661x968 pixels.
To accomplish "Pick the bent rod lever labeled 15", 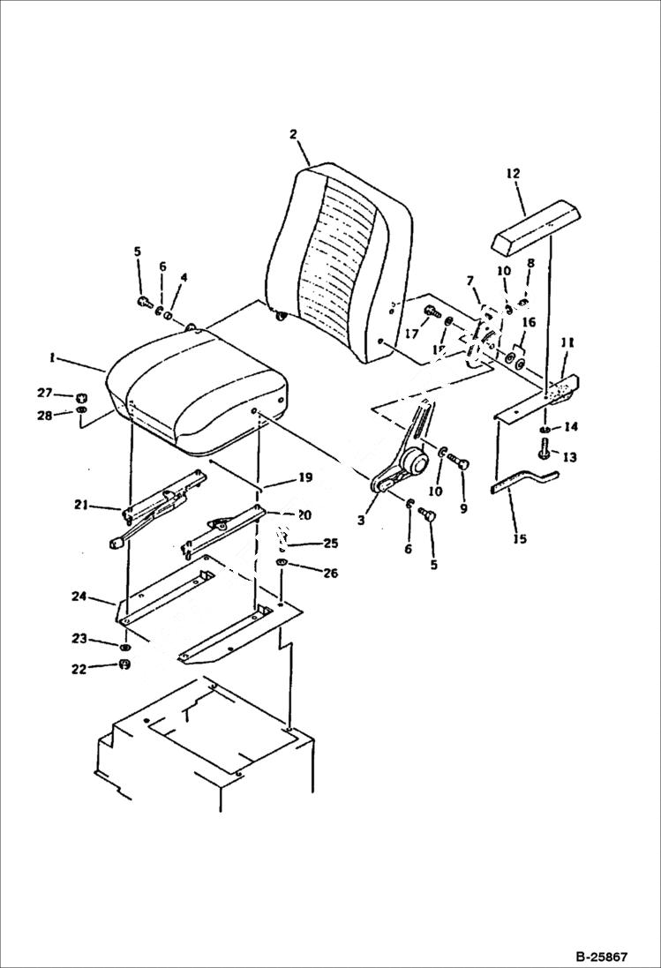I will (524, 484).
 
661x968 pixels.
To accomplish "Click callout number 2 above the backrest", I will (293, 135).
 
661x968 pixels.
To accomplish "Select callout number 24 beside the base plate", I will (79, 597).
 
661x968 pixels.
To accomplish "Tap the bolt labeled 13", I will (545, 452).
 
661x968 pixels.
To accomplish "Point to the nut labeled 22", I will (124, 664).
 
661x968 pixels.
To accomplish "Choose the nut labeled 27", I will (81, 397).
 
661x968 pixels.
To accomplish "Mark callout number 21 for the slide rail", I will (81, 505).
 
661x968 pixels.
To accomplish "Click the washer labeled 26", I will (282, 563).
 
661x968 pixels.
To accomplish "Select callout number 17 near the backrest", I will (411, 334).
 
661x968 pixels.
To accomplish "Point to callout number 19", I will (304, 478).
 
